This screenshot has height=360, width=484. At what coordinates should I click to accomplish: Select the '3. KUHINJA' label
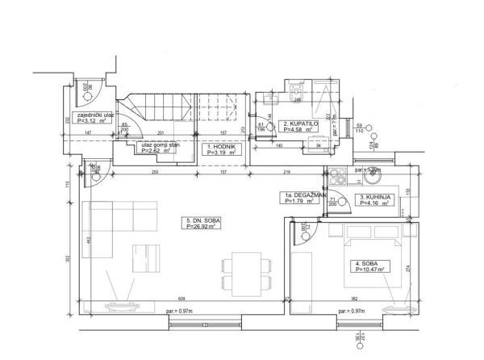(x=375, y=197)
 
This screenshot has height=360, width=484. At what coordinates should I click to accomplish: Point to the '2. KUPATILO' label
(x=299, y=123)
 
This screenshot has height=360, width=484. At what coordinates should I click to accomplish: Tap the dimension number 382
(x=342, y=299)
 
